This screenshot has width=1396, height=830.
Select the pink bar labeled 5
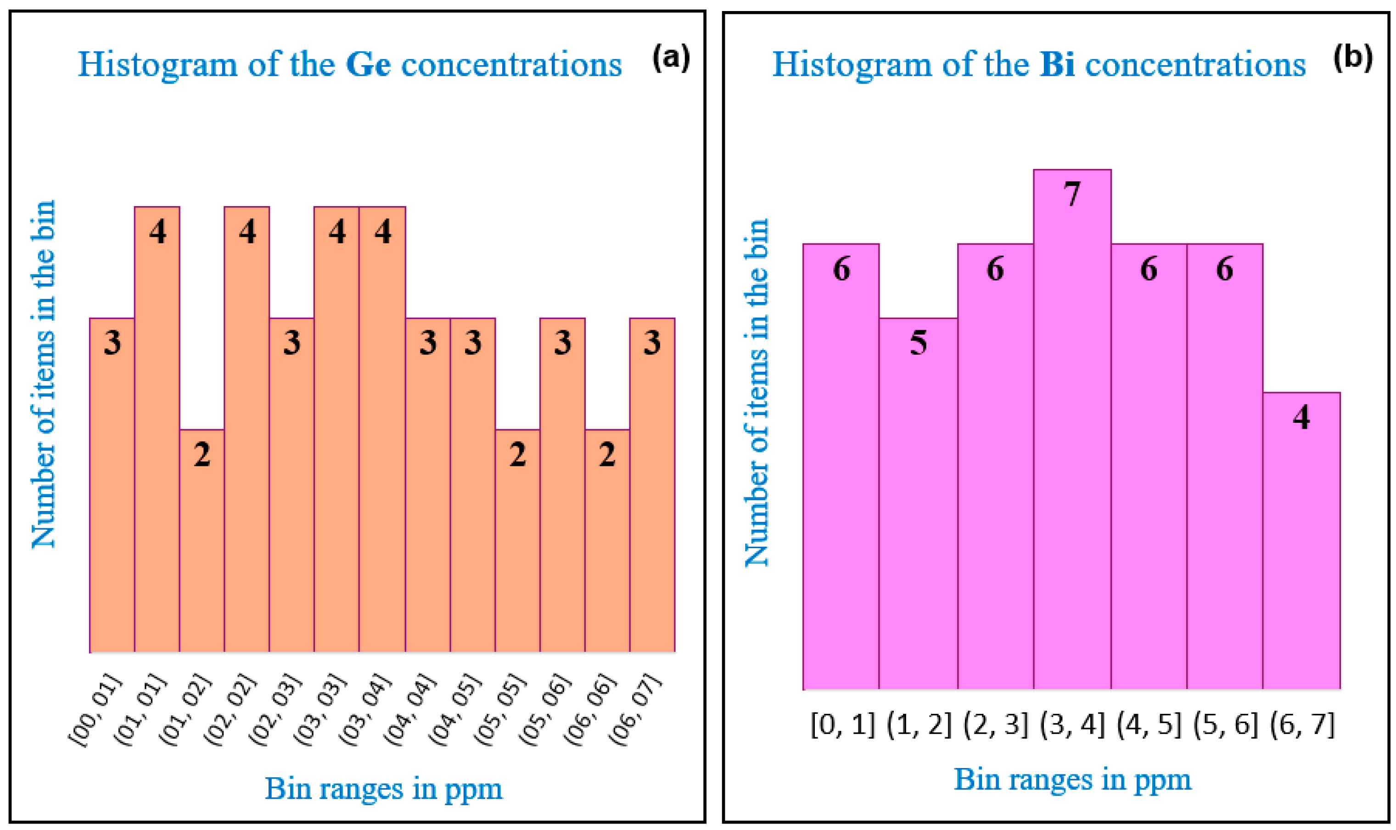click(x=918, y=503)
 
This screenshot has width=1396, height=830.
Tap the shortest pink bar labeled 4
click(x=1301, y=540)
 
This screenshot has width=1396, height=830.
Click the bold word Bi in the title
click(x=1057, y=65)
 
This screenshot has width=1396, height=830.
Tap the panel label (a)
click(x=671, y=57)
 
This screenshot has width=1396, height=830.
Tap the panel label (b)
click(x=1352, y=57)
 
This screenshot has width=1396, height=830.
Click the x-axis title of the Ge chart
click(x=383, y=789)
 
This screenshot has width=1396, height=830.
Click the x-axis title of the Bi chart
click(x=1072, y=779)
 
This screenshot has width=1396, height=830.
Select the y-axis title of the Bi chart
click(x=756, y=392)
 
